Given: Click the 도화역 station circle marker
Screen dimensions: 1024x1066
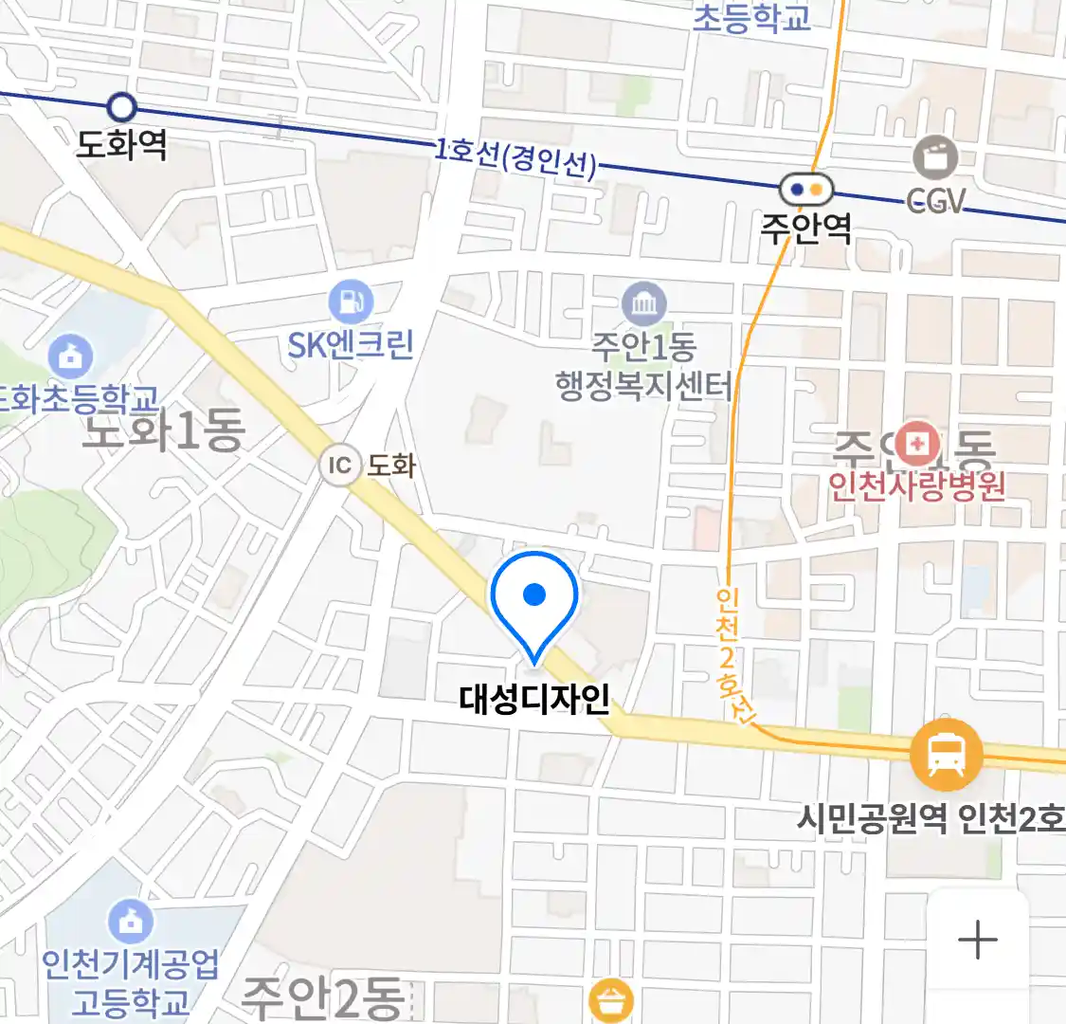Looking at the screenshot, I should coord(122,106).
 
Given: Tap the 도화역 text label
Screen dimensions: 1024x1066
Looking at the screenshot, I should coord(122,145).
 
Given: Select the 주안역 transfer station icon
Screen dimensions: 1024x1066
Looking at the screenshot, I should coord(806,190).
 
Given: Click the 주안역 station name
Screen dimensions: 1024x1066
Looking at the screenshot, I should coord(806,228).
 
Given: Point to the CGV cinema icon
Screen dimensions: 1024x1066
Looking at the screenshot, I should coord(935,157).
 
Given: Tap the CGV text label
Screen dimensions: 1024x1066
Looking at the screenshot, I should coord(936,201).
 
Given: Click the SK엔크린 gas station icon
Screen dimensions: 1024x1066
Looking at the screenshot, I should coord(351,302).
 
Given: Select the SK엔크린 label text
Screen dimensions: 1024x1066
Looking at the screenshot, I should coord(351,344).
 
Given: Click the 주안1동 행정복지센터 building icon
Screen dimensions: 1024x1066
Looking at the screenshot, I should coord(644,304).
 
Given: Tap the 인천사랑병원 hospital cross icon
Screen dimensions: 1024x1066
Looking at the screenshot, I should coord(916,443).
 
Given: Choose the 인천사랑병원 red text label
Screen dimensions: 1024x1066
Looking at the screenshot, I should coord(916,486).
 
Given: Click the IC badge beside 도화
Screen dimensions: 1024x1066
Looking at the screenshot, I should coord(339,466).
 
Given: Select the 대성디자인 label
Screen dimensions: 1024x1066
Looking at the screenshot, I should coord(534,700).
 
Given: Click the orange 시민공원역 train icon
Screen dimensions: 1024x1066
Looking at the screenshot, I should coord(946,756).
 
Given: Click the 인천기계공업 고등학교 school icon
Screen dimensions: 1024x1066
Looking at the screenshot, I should coord(131,920).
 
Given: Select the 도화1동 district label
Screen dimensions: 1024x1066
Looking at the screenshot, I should coord(163,431).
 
